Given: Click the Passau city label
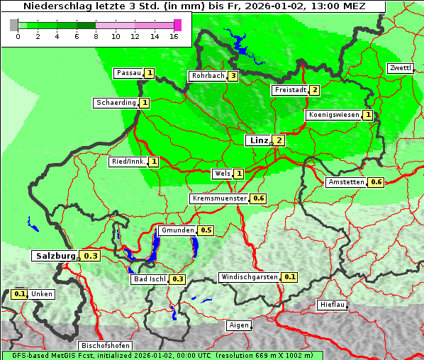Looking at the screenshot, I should tap(129, 73).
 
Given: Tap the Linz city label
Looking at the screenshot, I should tap(258, 140).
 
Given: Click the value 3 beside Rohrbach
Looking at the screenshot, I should tap(233, 76).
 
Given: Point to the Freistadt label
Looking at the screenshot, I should tap(290, 90).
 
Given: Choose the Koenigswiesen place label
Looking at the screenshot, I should tap(333, 115).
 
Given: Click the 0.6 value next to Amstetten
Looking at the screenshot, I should tap(376, 182).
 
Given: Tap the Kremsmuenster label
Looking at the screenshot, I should tap(219, 198).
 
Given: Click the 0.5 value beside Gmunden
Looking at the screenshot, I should tap(206, 230).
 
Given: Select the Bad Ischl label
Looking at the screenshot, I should tap(149, 279).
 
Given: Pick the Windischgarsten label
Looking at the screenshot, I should tap(249, 276).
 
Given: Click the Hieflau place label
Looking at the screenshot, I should tap(333, 305).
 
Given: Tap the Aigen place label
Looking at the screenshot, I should tap(239, 325).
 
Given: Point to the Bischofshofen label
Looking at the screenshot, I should tap(104, 345).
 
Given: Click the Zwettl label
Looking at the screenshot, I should tap(400, 68).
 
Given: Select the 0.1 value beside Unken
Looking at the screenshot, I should tap(20, 294).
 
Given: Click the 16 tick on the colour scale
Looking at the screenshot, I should tap(174, 36).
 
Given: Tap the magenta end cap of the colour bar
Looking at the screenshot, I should tap(177, 25).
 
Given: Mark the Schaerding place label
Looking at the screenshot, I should tap(116, 103).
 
